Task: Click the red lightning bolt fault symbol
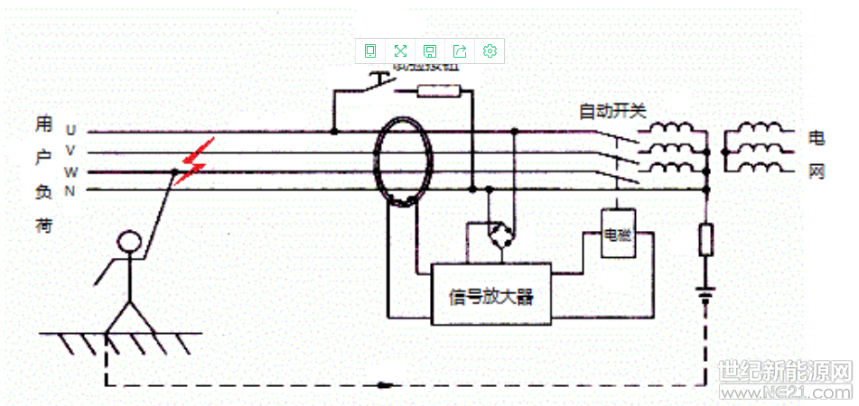pos(195,162)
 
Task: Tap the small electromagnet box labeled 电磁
pos(618,234)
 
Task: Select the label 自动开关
pos(612,111)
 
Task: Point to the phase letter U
pos(70,130)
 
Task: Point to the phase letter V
pos(70,151)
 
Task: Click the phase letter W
pos(70,171)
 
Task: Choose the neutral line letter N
pos(70,190)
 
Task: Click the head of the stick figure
pos(130,241)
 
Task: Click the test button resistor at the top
pos(440,90)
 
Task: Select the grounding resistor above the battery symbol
pos(706,240)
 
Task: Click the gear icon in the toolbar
pos(490,51)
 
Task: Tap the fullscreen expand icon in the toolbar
pos(400,51)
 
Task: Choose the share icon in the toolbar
pos(460,51)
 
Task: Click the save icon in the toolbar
pos(430,51)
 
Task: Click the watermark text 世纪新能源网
pos(786,371)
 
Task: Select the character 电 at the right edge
pos(817,137)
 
